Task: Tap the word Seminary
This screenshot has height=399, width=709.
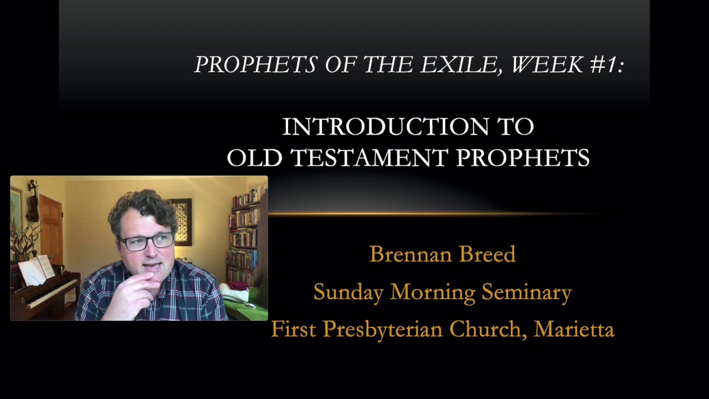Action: click(526, 292)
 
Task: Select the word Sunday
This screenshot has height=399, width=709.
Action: click(348, 292)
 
